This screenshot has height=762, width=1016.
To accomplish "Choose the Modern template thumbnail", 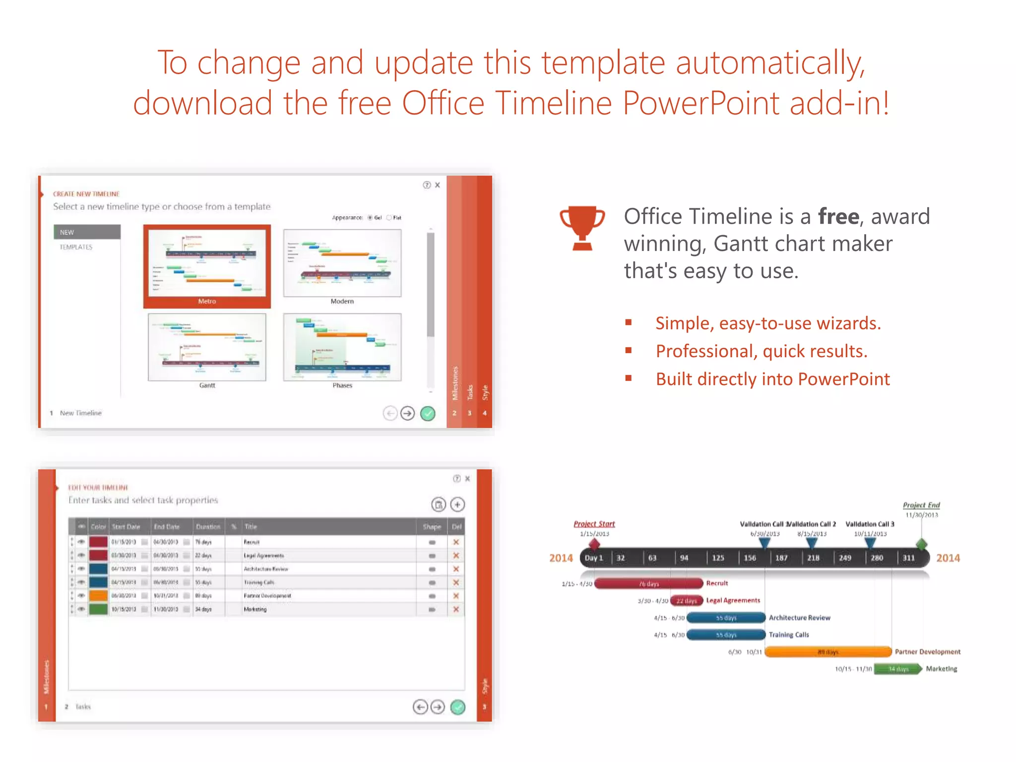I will coord(342,263).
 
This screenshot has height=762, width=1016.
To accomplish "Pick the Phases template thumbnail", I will coord(342,347).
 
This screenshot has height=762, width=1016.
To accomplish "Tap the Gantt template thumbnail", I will coord(207,347).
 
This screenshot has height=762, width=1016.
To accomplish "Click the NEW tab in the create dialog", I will coord(87,232).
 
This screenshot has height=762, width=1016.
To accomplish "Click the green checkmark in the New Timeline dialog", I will coord(427,413).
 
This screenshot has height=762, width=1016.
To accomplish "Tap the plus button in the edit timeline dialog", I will coord(457,505).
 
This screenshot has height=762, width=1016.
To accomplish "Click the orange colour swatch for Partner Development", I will coord(98,596).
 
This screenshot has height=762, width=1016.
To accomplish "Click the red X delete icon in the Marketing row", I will coord(456,609).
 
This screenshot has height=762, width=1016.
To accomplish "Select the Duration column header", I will coord(208,526).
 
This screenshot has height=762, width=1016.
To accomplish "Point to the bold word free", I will coord(838,217).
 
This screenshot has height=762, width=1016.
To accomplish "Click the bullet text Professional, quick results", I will coord(761,351).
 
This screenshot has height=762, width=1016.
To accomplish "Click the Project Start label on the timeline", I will coord(594,524).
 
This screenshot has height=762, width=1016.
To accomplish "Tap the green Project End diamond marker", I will coord(921,544).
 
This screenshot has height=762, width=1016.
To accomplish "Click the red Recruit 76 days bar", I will coord(648,583).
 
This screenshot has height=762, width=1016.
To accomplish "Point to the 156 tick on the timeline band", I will coord(750,558).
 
